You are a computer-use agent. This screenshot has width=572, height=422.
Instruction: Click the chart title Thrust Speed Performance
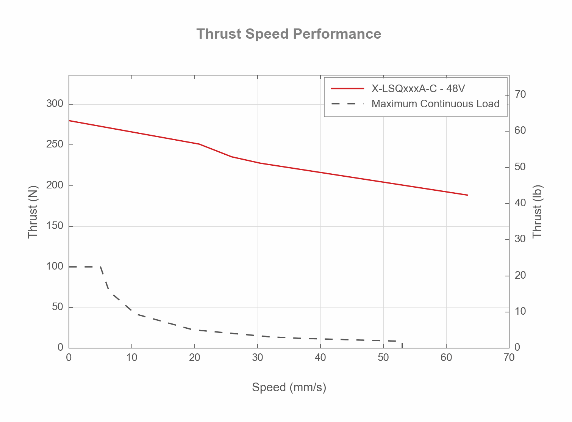click(289, 34)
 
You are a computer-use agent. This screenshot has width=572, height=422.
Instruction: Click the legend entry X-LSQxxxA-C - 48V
click(418, 89)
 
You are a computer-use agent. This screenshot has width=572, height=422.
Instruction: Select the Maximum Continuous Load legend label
click(435, 104)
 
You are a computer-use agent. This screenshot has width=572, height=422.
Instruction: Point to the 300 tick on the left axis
click(55, 104)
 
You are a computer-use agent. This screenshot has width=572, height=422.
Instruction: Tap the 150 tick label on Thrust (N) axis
click(55, 226)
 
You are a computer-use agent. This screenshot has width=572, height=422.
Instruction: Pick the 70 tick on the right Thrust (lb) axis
click(520, 94)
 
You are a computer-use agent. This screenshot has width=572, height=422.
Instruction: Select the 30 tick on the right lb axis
click(520, 239)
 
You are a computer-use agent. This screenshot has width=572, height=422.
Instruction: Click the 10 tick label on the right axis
click(520, 311)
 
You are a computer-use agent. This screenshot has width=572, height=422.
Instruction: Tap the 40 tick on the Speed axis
click(320, 358)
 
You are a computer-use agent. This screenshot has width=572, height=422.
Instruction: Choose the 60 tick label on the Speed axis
click(446, 358)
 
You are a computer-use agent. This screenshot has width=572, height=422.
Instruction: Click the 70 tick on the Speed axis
click(509, 358)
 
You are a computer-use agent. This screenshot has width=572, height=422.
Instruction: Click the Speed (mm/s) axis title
click(289, 387)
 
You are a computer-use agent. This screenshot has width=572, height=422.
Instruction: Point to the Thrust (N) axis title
click(33, 212)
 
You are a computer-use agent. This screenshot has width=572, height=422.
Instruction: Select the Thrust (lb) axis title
click(538, 212)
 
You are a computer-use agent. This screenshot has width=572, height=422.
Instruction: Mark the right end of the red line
click(468, 195)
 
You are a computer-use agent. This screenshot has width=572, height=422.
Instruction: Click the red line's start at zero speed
click(69, 121)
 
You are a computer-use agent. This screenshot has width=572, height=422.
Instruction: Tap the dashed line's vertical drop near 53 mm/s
click(402, 345)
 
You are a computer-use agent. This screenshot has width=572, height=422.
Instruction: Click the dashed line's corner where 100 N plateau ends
click(100, 267)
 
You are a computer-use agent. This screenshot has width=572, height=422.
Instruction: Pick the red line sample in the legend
click(347, 89)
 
